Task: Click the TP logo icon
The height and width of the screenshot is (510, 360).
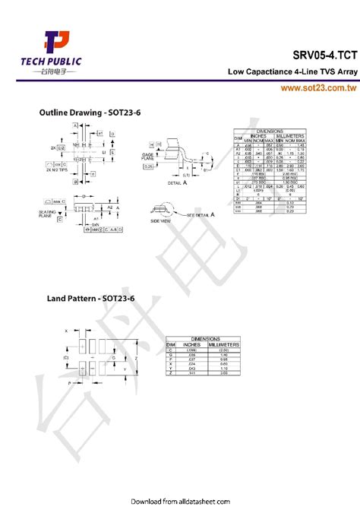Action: tap(55, 43)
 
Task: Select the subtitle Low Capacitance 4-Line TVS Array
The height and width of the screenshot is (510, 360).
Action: tap(292, 72)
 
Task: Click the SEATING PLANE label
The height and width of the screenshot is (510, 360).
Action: tap(45, 214)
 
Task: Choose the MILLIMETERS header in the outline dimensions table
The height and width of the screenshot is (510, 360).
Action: tap(290, 136)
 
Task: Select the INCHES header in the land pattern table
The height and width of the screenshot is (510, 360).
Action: tap(186, 344)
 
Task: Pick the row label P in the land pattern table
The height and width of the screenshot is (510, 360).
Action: tap(170, 360)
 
